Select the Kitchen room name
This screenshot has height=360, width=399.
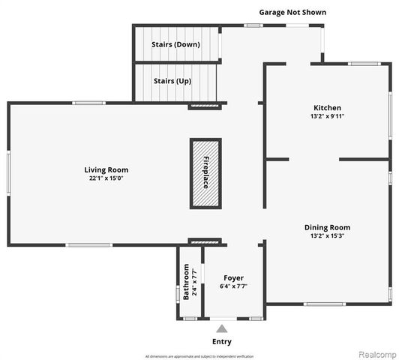click(x=327, y=107)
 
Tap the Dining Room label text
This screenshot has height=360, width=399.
click(x=327, y=227)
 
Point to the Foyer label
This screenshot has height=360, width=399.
click(x=233, y=278)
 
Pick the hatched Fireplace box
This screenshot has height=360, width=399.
click(x=205, y=173)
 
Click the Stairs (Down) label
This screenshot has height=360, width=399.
click(x=175, y=44)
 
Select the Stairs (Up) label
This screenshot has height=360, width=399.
click(x=171, y=80)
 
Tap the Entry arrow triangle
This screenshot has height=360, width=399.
click(x=221, y=328)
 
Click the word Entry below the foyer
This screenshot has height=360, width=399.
click(x=221, y=341)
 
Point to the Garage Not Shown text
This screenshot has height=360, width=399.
click(x=292, y=12)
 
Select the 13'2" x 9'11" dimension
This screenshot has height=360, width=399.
click(x=327, y=116)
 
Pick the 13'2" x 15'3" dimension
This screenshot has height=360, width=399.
click(x=327, y=236)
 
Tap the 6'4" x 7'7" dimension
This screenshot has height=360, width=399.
click(x=233, y=286)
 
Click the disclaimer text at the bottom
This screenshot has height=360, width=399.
click(x=199, y=355)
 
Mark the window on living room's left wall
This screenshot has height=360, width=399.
click(x=9, y=173)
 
